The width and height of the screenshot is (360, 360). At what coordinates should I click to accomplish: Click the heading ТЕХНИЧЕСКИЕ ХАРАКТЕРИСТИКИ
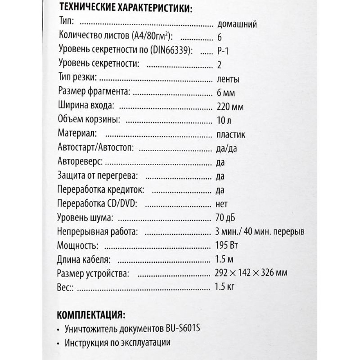125,8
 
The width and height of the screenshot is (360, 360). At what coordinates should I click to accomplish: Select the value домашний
237,25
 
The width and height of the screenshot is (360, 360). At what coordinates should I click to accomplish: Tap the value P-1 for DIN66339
223,51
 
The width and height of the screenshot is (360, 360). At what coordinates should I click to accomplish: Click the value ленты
229,79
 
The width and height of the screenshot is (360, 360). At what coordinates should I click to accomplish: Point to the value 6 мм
226,93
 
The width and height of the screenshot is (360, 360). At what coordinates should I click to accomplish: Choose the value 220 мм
230,107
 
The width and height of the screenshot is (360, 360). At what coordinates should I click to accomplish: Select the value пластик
231,135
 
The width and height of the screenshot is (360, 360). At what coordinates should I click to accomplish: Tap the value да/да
228,148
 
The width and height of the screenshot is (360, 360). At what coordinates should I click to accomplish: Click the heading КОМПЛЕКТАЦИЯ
91,315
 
